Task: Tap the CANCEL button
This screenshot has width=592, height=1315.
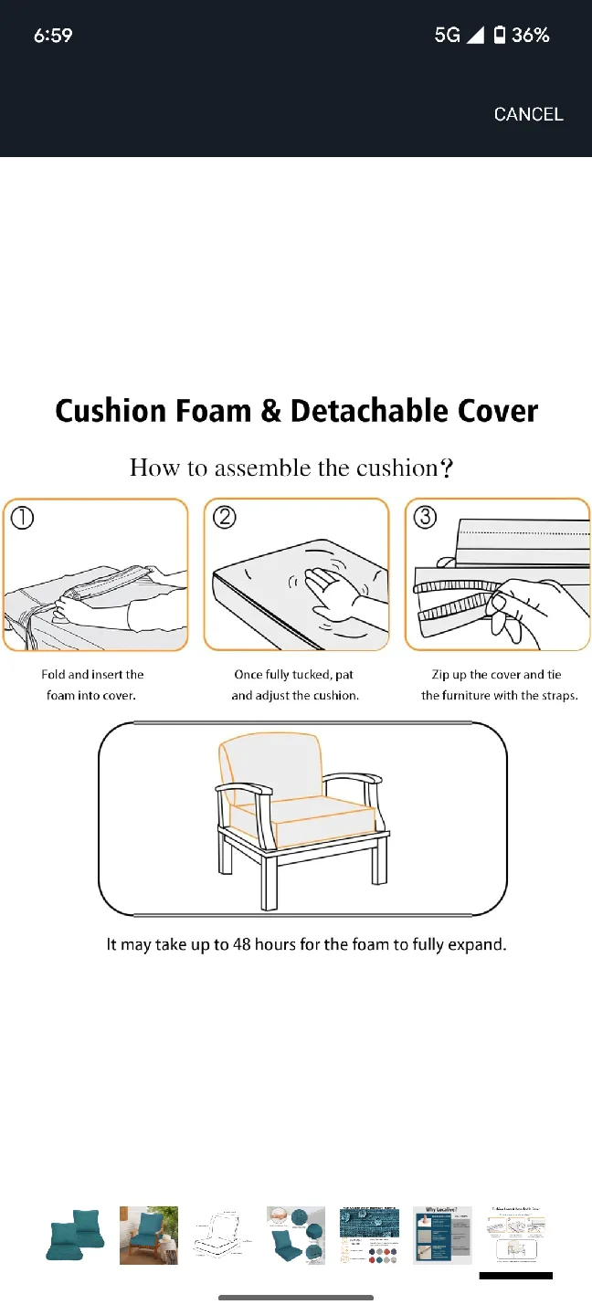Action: (528, 114)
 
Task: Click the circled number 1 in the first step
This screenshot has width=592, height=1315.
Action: (23, 519)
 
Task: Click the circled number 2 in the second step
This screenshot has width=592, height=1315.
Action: (224, 518)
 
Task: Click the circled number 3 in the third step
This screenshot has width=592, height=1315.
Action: (425, 518)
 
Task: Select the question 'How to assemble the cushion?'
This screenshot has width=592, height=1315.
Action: (292, 468)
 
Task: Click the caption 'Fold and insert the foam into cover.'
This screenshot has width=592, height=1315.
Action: (92, 685)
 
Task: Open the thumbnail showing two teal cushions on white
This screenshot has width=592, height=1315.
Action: (76, 1235)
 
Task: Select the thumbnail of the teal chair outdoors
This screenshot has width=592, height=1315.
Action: (149, 1235)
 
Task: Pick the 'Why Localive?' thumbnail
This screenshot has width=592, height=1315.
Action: (442, 1235)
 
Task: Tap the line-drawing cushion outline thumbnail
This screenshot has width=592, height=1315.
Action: (222, 1235)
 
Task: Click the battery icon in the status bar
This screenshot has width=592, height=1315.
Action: (500, 36)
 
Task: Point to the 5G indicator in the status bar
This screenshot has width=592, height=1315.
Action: (448, 36)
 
